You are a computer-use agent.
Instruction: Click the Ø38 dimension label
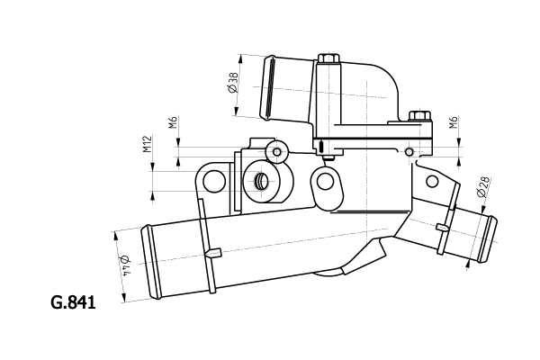point(231,83)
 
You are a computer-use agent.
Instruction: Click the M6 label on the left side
point(171,123)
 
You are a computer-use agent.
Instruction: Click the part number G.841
point(73,302)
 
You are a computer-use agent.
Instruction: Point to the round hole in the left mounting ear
point(213,183)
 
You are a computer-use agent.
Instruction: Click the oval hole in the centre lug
point(325,183)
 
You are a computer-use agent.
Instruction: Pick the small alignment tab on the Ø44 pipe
point(213,254)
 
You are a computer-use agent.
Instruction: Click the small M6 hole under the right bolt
point(409,153)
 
